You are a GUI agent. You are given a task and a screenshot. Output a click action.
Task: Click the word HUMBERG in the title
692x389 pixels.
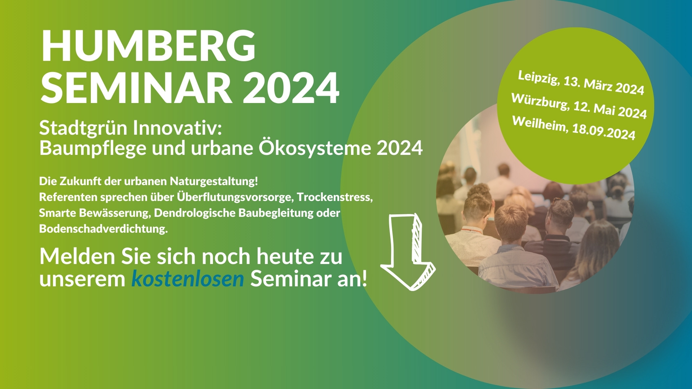148,46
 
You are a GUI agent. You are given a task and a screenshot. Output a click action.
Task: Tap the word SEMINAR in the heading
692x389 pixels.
136,88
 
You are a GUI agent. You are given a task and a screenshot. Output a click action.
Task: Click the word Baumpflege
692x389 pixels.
93,148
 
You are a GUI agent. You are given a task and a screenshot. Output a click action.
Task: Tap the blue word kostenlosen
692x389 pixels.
188,279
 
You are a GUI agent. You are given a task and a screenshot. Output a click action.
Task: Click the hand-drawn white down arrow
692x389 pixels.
408,252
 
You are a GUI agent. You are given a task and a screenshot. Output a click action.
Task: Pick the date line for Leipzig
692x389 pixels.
581,83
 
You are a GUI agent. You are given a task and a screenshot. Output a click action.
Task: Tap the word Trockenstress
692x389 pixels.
335,197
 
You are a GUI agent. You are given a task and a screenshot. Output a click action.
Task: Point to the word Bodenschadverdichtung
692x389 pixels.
103,229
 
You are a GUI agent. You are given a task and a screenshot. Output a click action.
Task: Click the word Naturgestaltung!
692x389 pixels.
214,181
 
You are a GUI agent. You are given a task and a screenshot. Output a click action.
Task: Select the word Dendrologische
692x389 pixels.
195,213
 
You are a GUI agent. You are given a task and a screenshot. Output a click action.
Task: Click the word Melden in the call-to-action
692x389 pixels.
77,256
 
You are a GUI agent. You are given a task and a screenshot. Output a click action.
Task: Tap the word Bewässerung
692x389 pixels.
115,213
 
